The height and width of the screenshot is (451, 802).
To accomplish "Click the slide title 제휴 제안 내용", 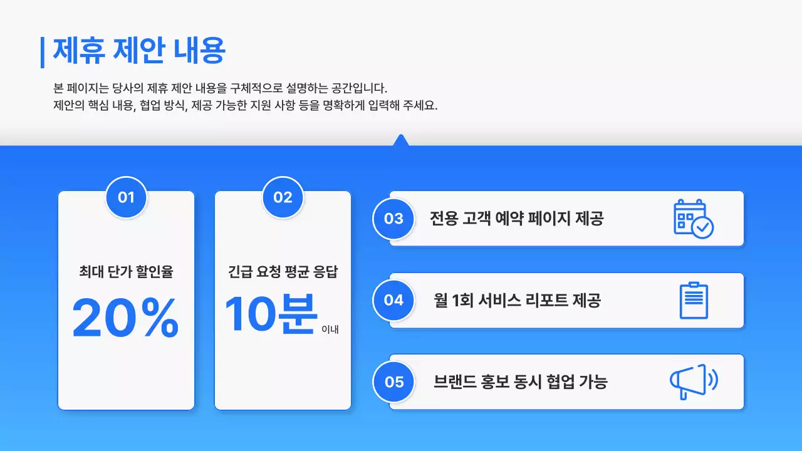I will (x=139, y=51).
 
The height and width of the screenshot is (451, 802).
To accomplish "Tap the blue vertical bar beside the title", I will (x=43, y=52).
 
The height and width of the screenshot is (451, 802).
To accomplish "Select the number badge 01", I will (x=126, y=197).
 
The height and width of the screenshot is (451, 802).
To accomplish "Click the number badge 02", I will (x=283, y=197).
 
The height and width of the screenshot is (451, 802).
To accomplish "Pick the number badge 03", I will (x=393, y=219).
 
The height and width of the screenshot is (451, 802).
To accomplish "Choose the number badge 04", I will (x=393, y=300).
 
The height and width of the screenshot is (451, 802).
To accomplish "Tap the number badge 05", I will (x=393, y=381).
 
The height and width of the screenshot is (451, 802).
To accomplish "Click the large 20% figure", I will (x=126, y=318).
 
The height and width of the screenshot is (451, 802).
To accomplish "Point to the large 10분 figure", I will (x=271, y=314).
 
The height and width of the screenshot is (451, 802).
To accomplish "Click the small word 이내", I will (x=330, y=329).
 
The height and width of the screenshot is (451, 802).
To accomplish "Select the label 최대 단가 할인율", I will (x=126, y=272).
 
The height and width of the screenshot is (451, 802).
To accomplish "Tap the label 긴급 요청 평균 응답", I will (x=283, y=272).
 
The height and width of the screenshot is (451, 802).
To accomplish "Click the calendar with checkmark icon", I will (x=693, y=219).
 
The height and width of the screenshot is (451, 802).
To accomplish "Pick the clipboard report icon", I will (x=694, y=301).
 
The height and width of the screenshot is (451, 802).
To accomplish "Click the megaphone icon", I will (x=693, y=381).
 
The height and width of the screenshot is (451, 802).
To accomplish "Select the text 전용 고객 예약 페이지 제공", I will (x=516, y=219).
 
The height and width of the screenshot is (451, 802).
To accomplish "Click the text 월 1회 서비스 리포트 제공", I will (x=517, y=300).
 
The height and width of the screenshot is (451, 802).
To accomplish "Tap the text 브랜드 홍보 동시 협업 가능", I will (x=520, y=381).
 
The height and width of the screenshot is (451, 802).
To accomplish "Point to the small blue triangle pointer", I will (x=400, y=140).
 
